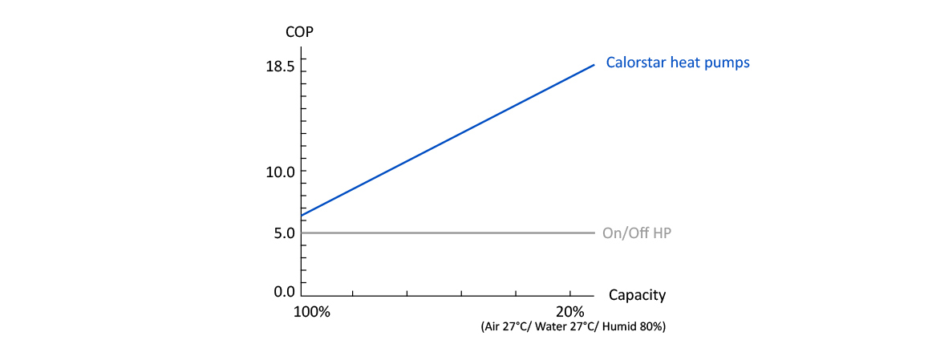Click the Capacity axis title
(637, 295)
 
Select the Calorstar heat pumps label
(678, 62)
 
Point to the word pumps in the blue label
(730, 63)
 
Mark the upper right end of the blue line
(594, 65)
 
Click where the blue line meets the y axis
(302, 216)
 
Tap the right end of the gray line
(594, 233)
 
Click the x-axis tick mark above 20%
(569, 292)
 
